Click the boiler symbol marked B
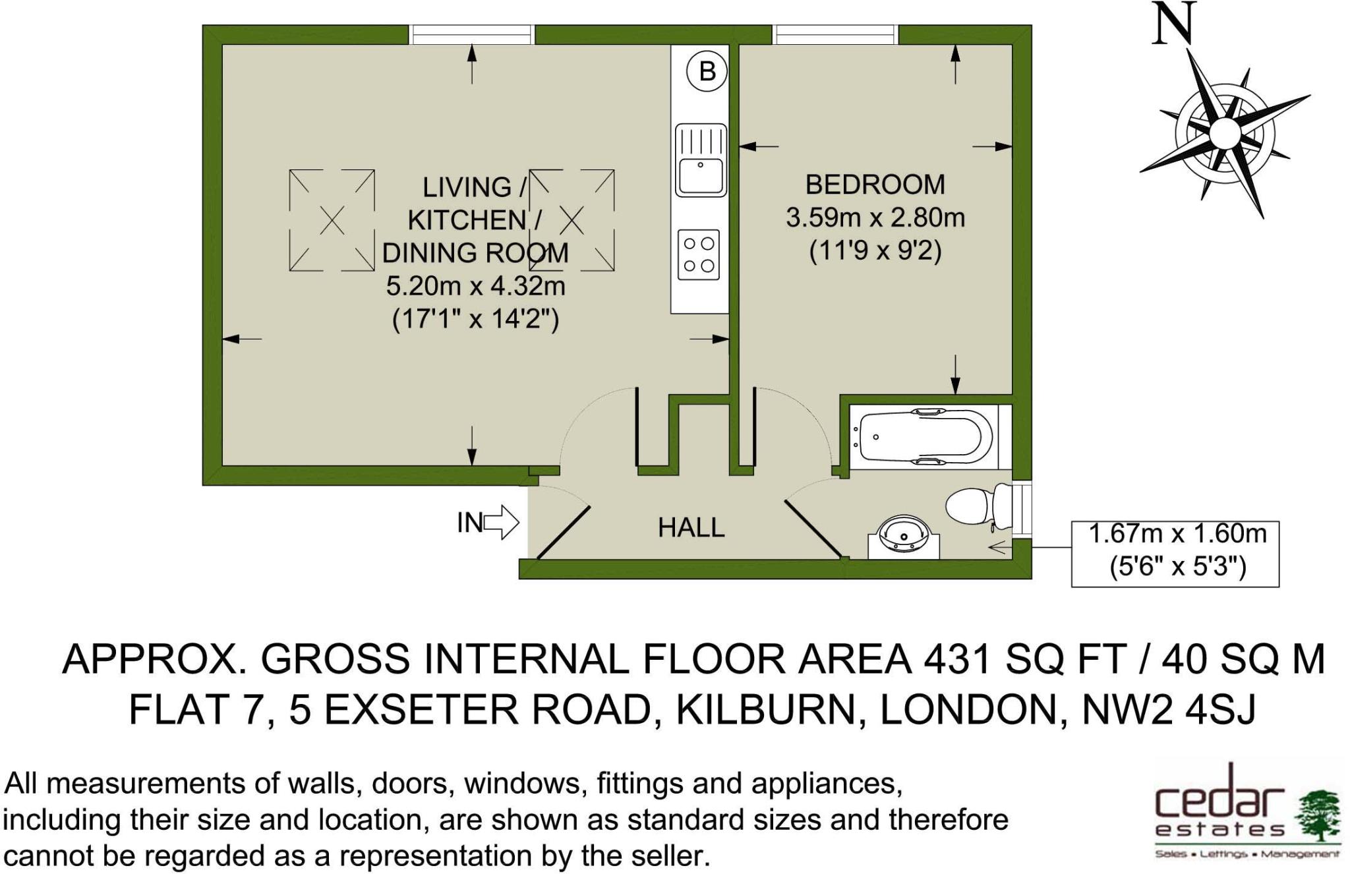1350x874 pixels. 707,71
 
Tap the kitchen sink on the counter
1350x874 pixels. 701,160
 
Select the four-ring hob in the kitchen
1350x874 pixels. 699,254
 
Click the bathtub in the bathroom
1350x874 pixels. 924,437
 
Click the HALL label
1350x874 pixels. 691,527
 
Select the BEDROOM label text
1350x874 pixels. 875,185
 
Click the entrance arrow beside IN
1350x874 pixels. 502,523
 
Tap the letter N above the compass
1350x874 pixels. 1174,24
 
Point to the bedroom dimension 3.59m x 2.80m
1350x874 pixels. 875,218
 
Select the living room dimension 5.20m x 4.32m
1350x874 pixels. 475,286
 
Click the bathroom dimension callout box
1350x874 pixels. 1175,554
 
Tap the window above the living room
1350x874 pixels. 472,34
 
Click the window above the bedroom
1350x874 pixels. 835,34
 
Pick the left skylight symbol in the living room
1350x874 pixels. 332,220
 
